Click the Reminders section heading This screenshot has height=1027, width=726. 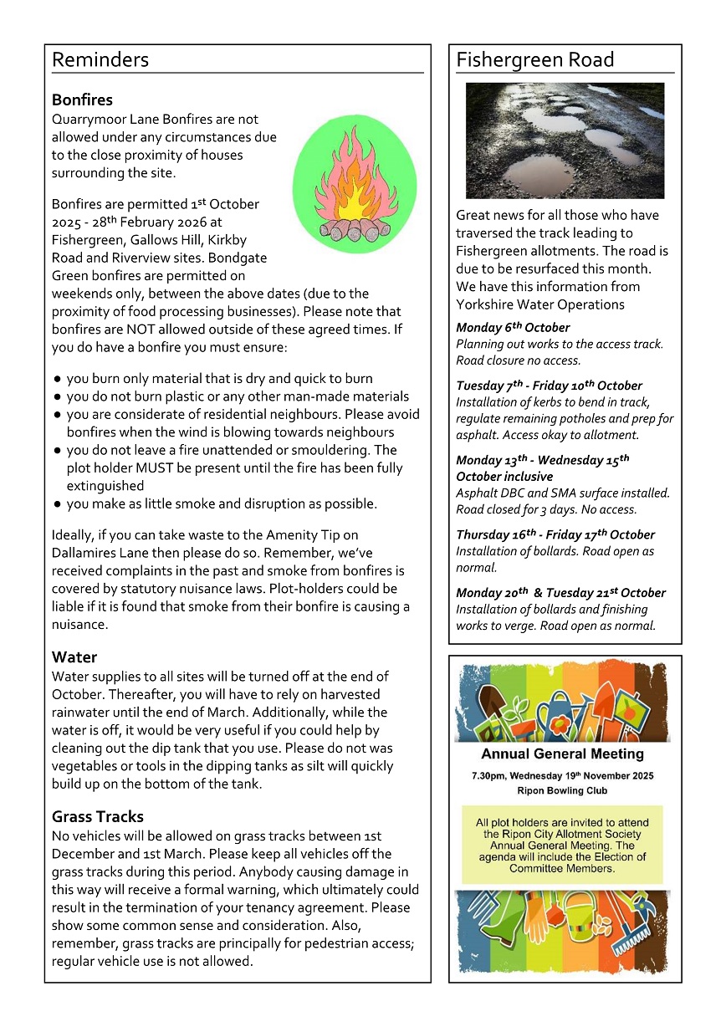pos(100,60)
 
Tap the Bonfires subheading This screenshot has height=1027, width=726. pos(82,100)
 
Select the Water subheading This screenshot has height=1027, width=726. pos(74,657)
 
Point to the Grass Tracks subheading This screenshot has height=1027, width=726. pos(98,816)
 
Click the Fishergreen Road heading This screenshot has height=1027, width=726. pos(535,60)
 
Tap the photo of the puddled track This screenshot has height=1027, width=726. pos(565,140)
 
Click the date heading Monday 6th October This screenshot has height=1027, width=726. pos(513,327)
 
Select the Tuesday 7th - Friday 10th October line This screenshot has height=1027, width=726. pos(549,386)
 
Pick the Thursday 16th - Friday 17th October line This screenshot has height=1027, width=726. pos(555,534)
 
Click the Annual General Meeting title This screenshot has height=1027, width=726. pos(562,754)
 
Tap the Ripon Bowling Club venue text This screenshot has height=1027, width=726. pos(562,790)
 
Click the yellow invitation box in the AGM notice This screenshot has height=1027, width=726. pos(562,845)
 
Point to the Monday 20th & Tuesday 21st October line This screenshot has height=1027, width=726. pos(560,593)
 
